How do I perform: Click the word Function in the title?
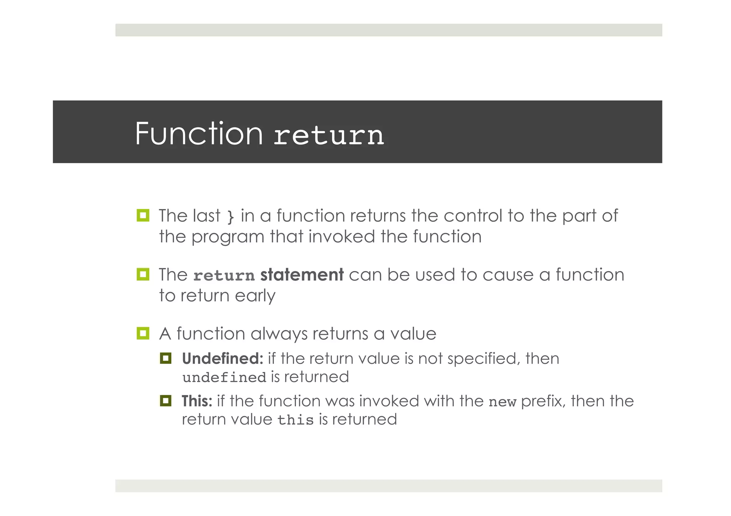click(x=198, y=134)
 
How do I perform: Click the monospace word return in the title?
click(x=328, y=136)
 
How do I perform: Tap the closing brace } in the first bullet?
click(x=231, y=216)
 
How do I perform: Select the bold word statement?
click(x=302, y=275)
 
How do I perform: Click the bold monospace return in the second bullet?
click(x=224, y=276)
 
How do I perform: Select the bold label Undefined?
click(x=222, y=358)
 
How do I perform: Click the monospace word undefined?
click(x=224, y=378)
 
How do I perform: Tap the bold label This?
click(x=197, y=401)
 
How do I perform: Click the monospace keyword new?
click(x=502, y=402)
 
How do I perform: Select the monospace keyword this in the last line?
click(x=295, y=420)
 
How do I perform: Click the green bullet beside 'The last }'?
click(x=143, y=215)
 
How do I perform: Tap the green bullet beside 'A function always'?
click(x=143, y=333)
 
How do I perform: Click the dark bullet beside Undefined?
click(x=166, y=358)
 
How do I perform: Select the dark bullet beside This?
click(x=166, y=401)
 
